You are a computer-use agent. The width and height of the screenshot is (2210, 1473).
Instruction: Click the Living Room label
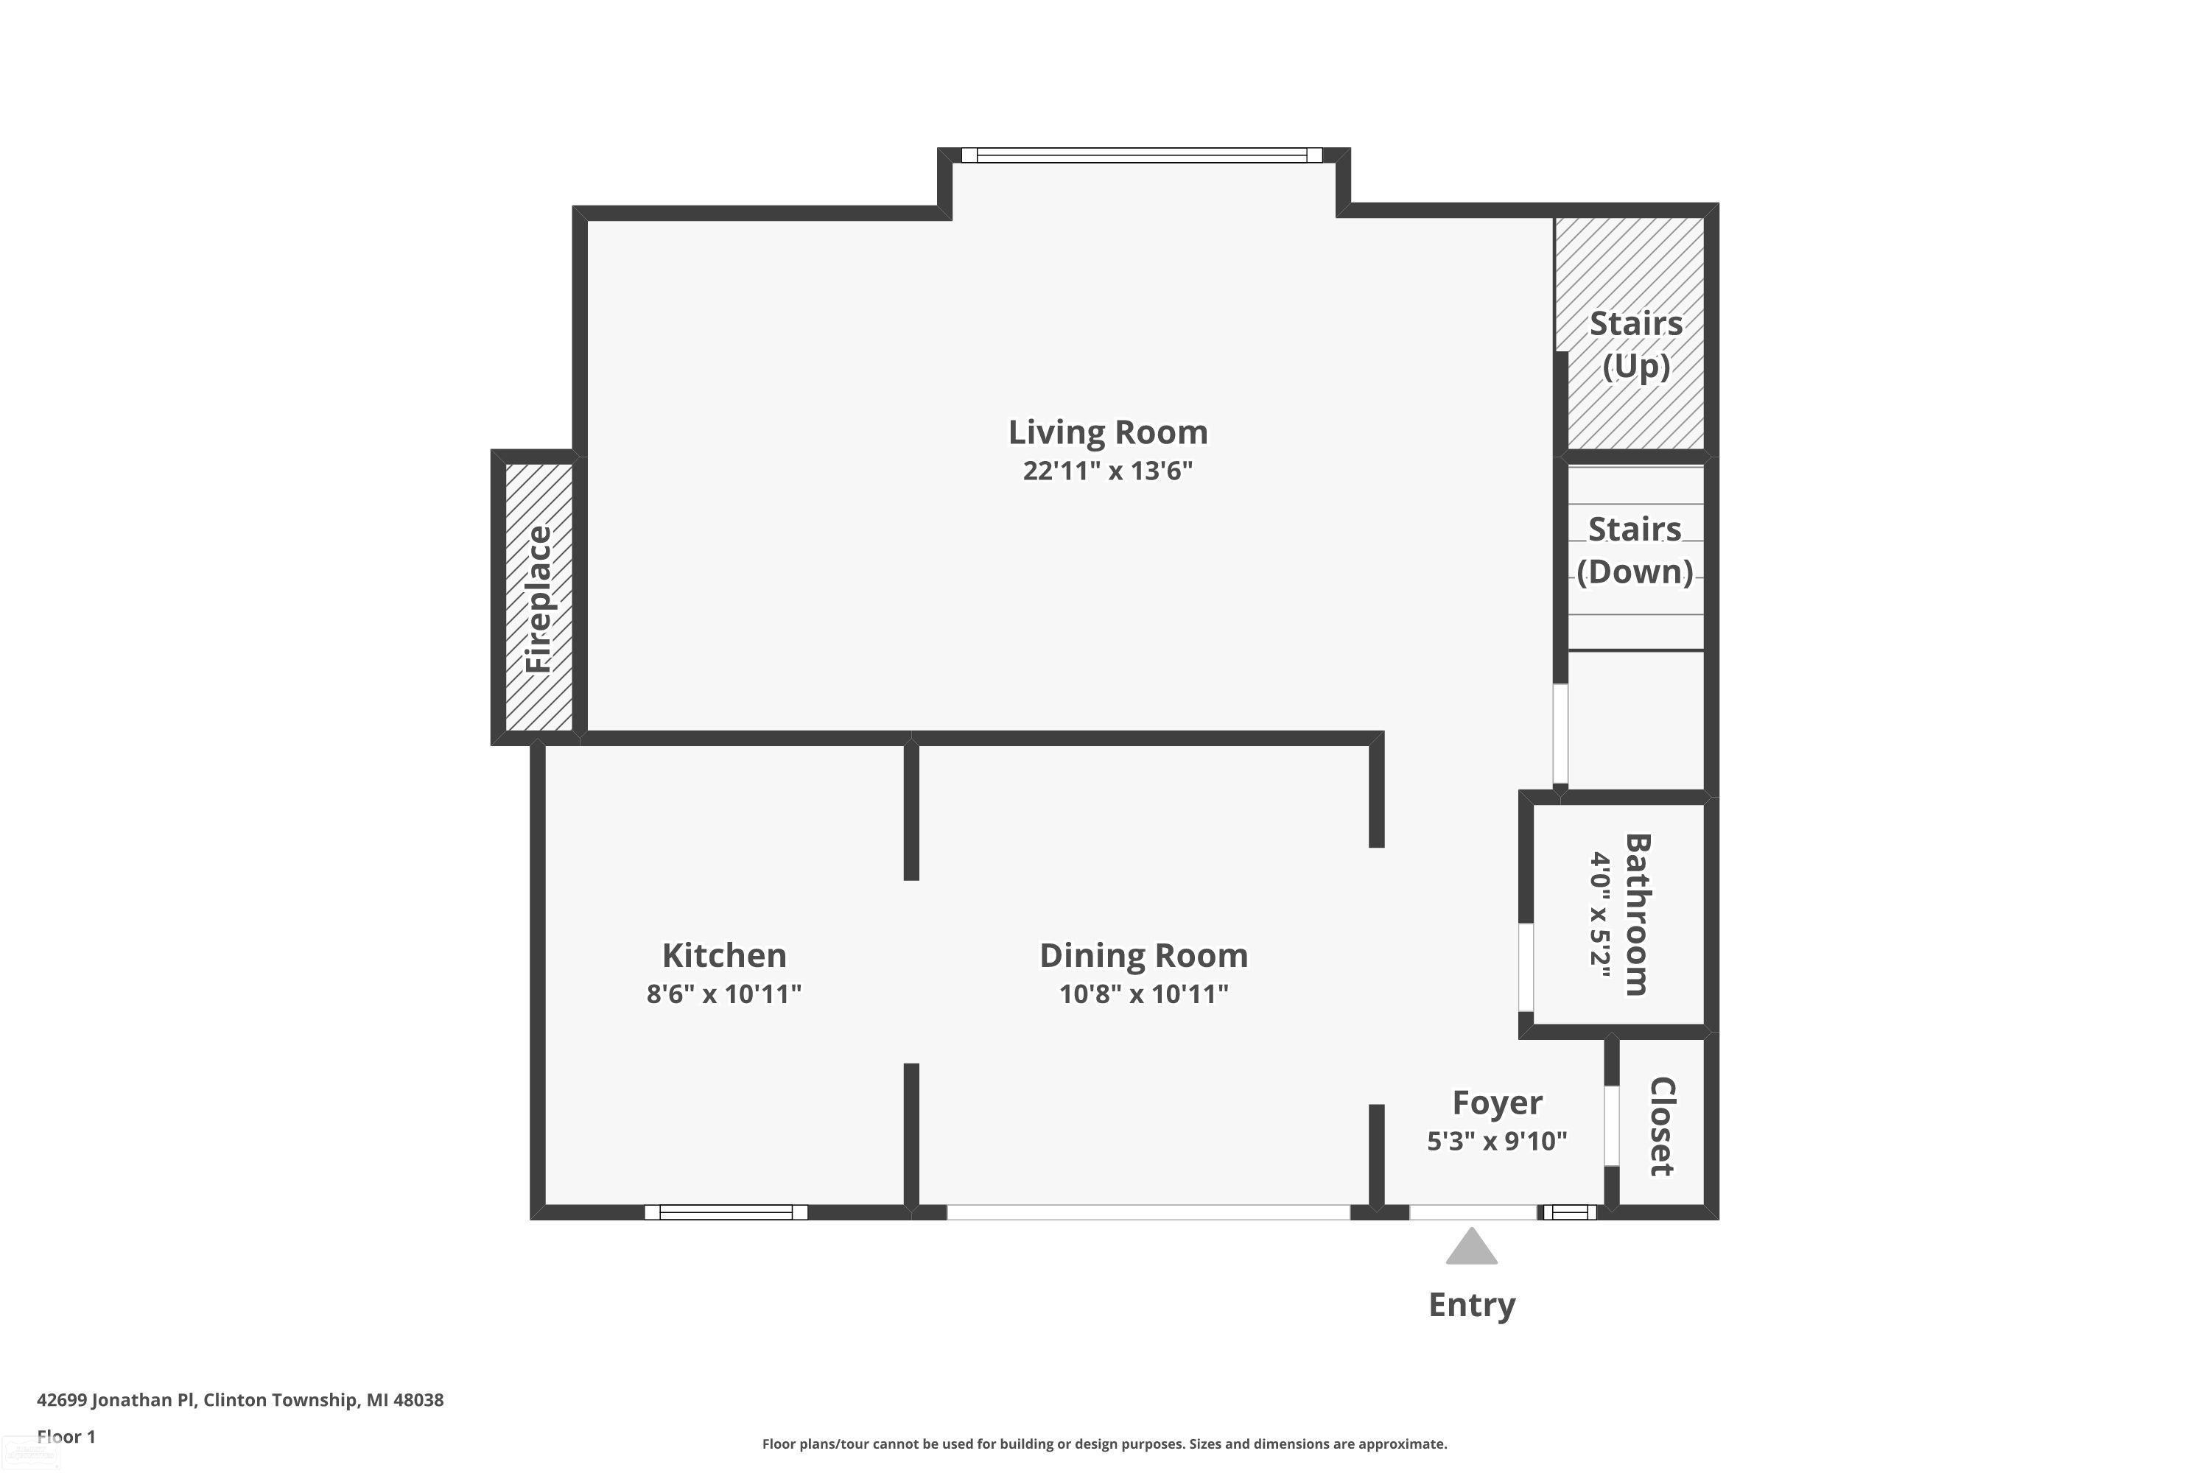click(1108, 432)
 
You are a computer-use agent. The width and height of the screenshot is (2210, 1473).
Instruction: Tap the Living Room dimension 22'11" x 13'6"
click(1108, 470)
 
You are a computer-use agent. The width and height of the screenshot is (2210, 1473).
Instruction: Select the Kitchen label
click(723, 955)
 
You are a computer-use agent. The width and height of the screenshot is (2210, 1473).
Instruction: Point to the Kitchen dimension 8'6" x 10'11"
click(723, 993)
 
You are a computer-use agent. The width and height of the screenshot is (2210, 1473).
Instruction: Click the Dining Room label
click(1143, 955)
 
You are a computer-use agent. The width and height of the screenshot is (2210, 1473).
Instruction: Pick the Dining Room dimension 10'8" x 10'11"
click(1143, 993)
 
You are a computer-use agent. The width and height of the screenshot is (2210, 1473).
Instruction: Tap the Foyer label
click(1497, 1103)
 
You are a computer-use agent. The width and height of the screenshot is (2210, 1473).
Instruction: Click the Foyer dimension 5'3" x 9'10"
click(1497, 1140)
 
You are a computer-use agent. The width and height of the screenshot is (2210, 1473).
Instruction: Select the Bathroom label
click(1637, 914)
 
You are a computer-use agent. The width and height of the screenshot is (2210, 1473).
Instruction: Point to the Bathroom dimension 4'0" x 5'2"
click(1599, 914)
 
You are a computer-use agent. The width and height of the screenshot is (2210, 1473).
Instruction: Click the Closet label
click(1662, 1125)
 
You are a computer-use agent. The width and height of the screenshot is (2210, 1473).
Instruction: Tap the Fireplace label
click(539, 600)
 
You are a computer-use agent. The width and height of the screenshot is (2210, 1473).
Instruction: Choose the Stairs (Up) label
click(1636, 344)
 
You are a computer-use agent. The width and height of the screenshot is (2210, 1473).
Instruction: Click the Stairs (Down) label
click(1635, 550)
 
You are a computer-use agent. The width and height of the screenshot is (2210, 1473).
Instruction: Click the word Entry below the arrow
click(1471, 1305)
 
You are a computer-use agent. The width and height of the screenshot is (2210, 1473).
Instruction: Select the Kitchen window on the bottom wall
click(726, 1212)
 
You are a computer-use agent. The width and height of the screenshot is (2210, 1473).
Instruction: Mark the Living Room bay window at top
click(1142, 155)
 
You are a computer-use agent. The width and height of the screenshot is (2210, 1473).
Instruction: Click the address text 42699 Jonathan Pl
click(116, 1400)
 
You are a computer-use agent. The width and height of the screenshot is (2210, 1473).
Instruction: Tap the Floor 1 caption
click(66, 1436)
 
